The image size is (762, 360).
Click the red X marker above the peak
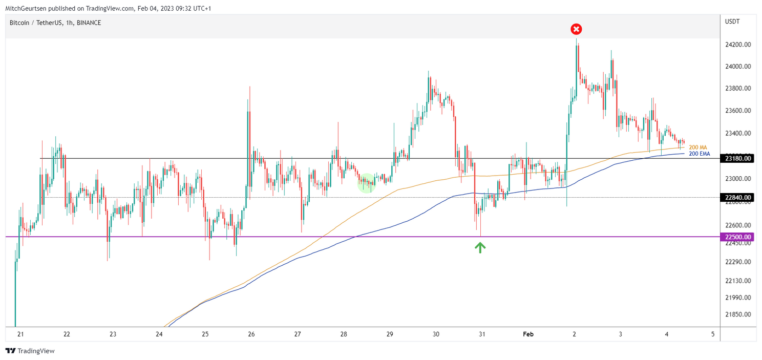tap(576, 29)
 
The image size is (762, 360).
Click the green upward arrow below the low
tap(480, 248)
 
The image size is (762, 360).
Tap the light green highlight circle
tap(366, 183)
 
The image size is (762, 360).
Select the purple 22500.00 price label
tap(738, 237)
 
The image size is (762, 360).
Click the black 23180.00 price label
tap(738, 159)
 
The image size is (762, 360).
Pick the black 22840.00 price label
tap(738, 197)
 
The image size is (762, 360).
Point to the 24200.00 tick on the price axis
tap(738, 45)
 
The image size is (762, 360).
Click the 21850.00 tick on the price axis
tap(738, 314)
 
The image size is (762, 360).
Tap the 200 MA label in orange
tap(697, 147)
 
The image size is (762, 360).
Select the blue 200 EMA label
tap(699, 154)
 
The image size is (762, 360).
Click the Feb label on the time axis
tap(528, 334)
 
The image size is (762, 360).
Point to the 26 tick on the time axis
tap(251, 334)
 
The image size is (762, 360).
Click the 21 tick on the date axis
tap(20, 334)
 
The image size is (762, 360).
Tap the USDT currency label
tap(732, 22)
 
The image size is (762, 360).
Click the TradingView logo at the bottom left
tap(30, 351)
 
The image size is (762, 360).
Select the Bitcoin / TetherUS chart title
tap(55, 23)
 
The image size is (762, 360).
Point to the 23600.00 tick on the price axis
tap(738, 111)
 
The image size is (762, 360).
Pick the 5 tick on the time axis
tap(713, 334)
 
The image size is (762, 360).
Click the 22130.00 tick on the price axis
tap(738, 281)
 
